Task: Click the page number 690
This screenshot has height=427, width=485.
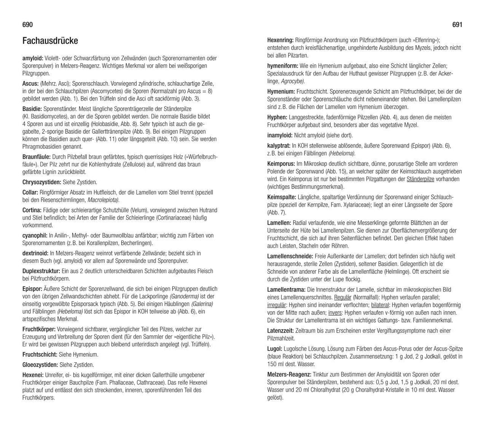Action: (27, 25)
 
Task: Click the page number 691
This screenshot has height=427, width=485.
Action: (457, 25)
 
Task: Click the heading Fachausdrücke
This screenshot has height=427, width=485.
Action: (50, 41)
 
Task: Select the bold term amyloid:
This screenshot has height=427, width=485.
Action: (33, 58)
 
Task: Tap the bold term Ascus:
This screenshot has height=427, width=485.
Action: (30, 84)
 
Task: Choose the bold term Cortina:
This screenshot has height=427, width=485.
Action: (32, 210)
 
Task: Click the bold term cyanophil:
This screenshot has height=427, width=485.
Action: (35, 235)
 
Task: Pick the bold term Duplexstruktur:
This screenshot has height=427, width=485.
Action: (41, 271)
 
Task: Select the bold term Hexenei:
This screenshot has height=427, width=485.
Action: (33, 374)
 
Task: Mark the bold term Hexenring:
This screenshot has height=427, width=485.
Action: (280, 40)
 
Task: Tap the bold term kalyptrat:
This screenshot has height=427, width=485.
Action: (278, 145)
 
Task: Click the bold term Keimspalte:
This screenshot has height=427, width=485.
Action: (282, 197)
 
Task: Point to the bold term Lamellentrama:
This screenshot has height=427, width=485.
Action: (286, 289)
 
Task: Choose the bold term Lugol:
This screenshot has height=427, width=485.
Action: (275, 349)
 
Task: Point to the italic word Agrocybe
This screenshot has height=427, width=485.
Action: (293, 81)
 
